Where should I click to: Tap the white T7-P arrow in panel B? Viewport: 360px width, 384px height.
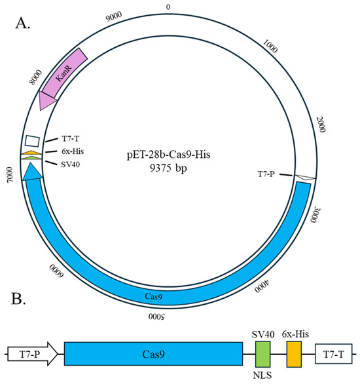(x=31, y=354)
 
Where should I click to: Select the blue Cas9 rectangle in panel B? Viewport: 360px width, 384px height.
(x=153, y=354)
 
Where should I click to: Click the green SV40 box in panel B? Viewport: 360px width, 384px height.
(x=262, y=354)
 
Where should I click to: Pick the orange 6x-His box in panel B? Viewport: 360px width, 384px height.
(x=294, y=354)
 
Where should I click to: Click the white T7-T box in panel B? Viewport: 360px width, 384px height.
(x=333, y=354)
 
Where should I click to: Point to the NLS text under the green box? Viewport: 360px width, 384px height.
(x=262, y=376)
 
